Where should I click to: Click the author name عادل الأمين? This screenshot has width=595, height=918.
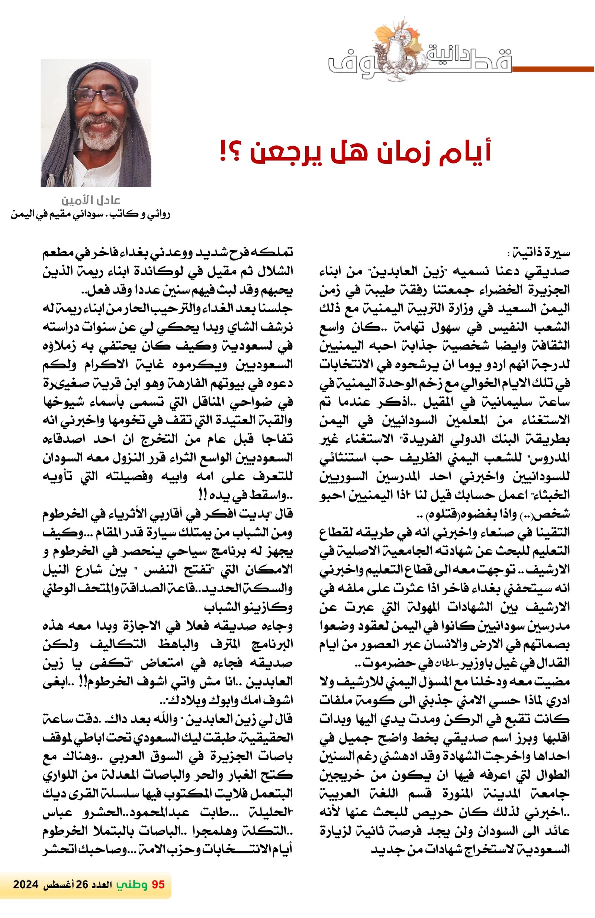coord(91,201)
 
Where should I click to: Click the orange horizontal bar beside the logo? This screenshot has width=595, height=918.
coord(552,69)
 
